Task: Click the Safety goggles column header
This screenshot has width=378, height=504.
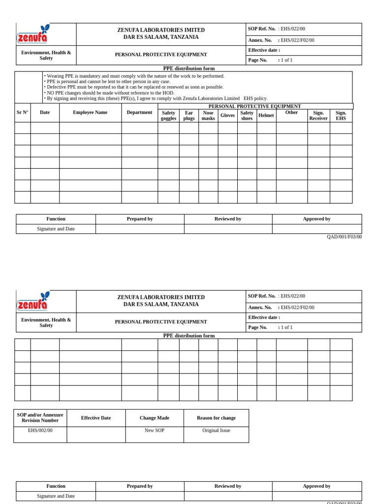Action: pyautogui.click(x=168, y=116)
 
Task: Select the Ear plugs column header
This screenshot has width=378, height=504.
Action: pyautogui.click(x=189, y=116)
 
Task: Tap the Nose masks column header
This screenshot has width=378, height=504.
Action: pyautogui.click(x=208, y=116)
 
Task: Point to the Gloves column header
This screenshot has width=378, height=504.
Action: pyautogui.click(x=227, y=116)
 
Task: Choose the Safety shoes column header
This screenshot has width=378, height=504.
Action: pyautogui.click(x=247, y=116)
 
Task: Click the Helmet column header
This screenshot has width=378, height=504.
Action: pyautogui.click(x=266, y=116)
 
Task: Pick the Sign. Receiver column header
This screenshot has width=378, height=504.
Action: pyautogui.click(x=318, y=116)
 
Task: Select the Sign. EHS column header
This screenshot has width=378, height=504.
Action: pyautogui.click(x=341, y=116)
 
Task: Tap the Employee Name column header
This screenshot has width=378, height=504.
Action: pyautogui.click(x=90, y=113)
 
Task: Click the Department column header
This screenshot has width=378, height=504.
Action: pyautogui.click(x=139, y=113)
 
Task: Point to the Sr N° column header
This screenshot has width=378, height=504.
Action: pyautogui.click(x=23, y=113)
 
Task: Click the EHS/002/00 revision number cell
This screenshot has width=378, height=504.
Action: pyautogui.click(x=40, y=431)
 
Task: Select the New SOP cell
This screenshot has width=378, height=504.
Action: pyautogui.click(x=155, y=431)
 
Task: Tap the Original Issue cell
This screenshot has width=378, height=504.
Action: pyautogui.click(x=216, y=431)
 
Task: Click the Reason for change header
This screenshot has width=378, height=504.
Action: pyautogui.click(x=216, y=418)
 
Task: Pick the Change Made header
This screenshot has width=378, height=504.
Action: pyautogui.click(x=155, y=418)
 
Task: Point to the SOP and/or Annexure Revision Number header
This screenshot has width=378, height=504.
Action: pyautogui.click(x=40, y=418)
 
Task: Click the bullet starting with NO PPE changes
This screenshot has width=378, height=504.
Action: pyautogui.click(x=110, y=93)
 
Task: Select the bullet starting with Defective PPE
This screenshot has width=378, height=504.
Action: pyautogui.click(x=135, y=87)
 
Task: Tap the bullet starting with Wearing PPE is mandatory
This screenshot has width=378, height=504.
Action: pyautogui.click(x=135, y=76)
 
